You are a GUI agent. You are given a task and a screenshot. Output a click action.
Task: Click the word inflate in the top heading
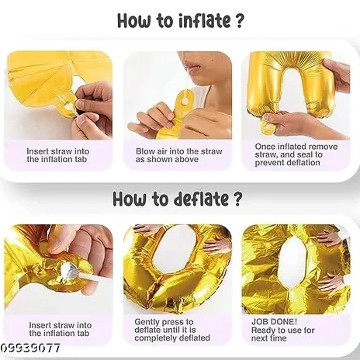pos(204,20)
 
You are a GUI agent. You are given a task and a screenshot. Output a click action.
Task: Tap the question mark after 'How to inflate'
pos(239,20)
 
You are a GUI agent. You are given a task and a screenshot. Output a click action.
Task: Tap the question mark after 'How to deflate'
pos(237,199)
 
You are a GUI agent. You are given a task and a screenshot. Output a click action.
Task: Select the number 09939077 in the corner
pos(30,348)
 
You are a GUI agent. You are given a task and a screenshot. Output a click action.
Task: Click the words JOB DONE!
pos(274,322)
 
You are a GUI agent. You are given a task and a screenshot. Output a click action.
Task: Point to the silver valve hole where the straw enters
pos(66,268)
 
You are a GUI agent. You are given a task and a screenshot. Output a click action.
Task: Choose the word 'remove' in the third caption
pos(324,147)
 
